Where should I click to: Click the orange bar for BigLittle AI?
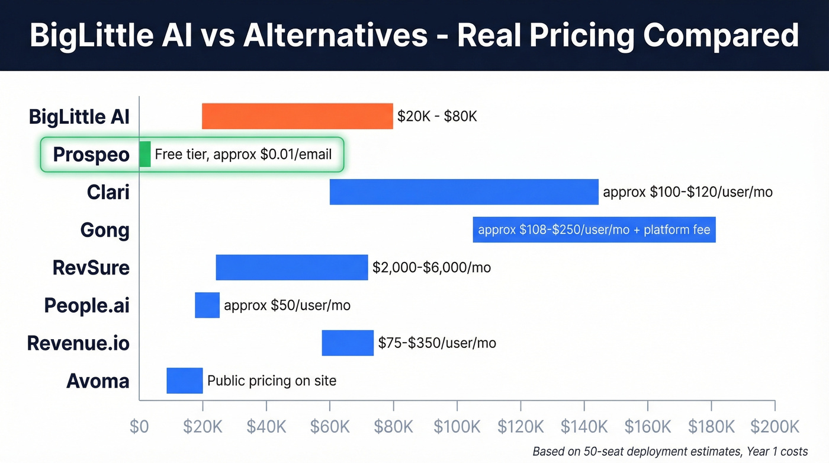pos(297,116)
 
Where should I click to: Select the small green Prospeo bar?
pos(145,154)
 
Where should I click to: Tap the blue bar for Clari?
pos(464,192)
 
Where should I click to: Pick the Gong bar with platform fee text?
pos(594,230)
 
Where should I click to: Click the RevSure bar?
pos(292,267)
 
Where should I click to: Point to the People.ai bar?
pos(207,305)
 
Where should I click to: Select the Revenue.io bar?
pos(348,343)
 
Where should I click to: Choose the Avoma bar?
pos(185,381)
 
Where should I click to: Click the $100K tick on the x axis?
pos(457,426)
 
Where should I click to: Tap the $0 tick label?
pos(139,426)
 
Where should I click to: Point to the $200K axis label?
pos(775,426)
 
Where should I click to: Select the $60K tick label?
pos(330,426)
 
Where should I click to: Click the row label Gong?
pos(105,230)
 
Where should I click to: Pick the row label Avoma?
pos(98,381)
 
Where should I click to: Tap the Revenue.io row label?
pos(78,343)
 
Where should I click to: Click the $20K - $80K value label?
pos(437,116)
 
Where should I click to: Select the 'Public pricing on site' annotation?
pos(272,381)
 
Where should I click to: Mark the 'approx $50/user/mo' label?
pos(287,305)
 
